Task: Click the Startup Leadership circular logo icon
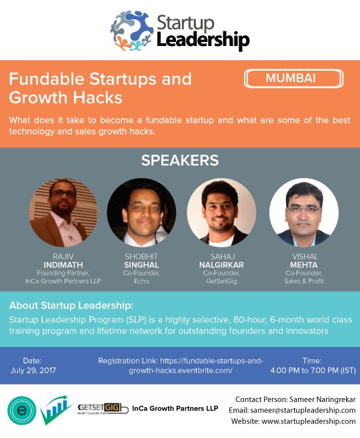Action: pyautogui.click(x=132, y=31)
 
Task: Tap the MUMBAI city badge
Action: pyautogui.click(x=290, y=78)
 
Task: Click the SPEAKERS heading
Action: pyautogui.click(x=180, y=161)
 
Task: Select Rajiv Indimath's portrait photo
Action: pyautogui.click(x=65, y=212)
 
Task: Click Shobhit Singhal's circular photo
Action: pyautogui.click(x=141, y=212)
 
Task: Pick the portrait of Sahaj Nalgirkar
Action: pyautogui.click(x=221, y=212)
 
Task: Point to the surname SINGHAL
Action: pyautogui.click(x=142, y=264)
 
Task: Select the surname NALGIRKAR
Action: pyautogui.click(x=221, y=264)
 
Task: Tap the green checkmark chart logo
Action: pyautogui.click(x=57, y=409)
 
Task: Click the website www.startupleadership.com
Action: pyautogui.click(x=293, y=421)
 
